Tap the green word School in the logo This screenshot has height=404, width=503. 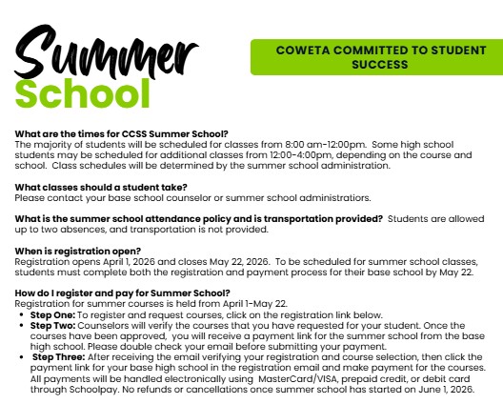(x=89, y=93)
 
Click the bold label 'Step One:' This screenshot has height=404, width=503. (x=52, y=314)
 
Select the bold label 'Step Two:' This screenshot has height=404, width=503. (x=52, y=325)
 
